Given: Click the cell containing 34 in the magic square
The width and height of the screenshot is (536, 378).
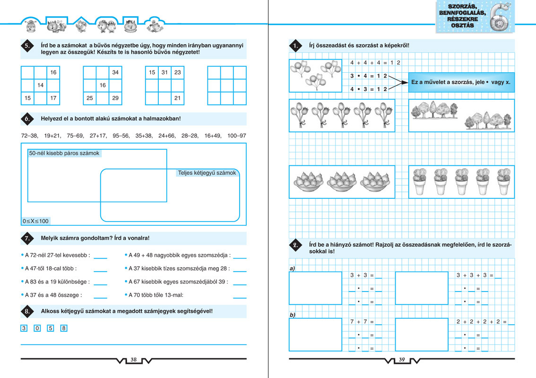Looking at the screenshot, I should click(115, 72).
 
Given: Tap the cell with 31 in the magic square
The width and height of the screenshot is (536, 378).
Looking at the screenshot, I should click(164, 72).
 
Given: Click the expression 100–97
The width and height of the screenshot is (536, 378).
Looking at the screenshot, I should click(236, 136).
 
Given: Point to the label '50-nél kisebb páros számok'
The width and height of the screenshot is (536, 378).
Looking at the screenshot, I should click(64, 153).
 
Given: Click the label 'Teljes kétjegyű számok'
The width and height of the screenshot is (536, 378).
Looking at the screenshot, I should click(207, 173).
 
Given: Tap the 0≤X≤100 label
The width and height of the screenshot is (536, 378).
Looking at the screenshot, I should click(35, 221).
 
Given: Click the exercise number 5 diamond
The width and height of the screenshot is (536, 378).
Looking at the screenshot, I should click(27, 46).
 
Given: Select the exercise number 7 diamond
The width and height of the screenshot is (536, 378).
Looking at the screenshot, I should click(27, 238).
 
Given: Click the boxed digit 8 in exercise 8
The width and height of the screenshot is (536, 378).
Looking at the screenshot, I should click(64, 328).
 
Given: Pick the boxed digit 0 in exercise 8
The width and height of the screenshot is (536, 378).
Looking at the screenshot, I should click(37, 328).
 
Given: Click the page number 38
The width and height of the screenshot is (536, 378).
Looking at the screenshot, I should click(133, 360).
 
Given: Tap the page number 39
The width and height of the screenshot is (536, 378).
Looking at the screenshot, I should click(402, 360).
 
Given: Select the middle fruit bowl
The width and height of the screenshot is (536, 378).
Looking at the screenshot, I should click(341, 182).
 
